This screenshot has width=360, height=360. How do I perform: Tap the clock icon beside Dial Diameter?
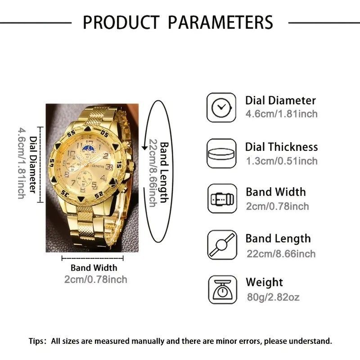pyautogui.click(x=221, y=107)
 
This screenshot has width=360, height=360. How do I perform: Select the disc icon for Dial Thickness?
pyautogui.click(x=221, y=153)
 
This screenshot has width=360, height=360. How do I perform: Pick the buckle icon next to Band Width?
pyautogui.click(x=221, y=199)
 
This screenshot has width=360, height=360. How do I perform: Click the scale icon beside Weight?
pyautogui.click(x=221, y=290)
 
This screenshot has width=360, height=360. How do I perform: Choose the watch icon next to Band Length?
pyautogui.click(x=221, y=245)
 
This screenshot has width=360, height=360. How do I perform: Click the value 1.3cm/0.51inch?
pyautogui.click(x=281, y=161)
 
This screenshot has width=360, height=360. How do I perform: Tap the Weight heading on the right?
pyautogui.click(x=264, y=283)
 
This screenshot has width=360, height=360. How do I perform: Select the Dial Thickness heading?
pyautogui.click(x=281, y=147)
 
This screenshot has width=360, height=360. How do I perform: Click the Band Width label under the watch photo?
pyautogui.click(x=94, y=268)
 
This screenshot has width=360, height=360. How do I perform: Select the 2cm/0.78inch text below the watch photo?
pyautogui.click(x=95, y=279)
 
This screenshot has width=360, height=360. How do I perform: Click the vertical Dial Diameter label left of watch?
pyautogui.click(x=32, y=164)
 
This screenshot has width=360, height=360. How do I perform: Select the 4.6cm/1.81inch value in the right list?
pyautogui.click(x=281, y=114)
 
